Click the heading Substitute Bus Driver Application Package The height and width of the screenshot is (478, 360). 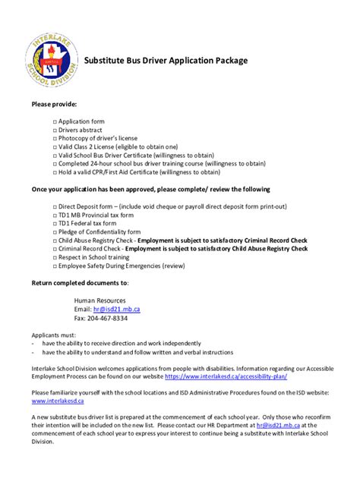[166, 60]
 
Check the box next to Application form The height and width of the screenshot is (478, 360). [55, 121]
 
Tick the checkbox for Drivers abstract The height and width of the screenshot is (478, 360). [55, 131]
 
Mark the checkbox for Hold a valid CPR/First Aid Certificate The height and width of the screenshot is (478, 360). [55, 171]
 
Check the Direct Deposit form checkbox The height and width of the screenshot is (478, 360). [55, 206]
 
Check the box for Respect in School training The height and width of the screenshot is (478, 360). [55, 257]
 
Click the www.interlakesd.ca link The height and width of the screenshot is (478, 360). [58, 401]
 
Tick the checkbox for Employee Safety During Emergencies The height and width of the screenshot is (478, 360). [55, 267]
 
